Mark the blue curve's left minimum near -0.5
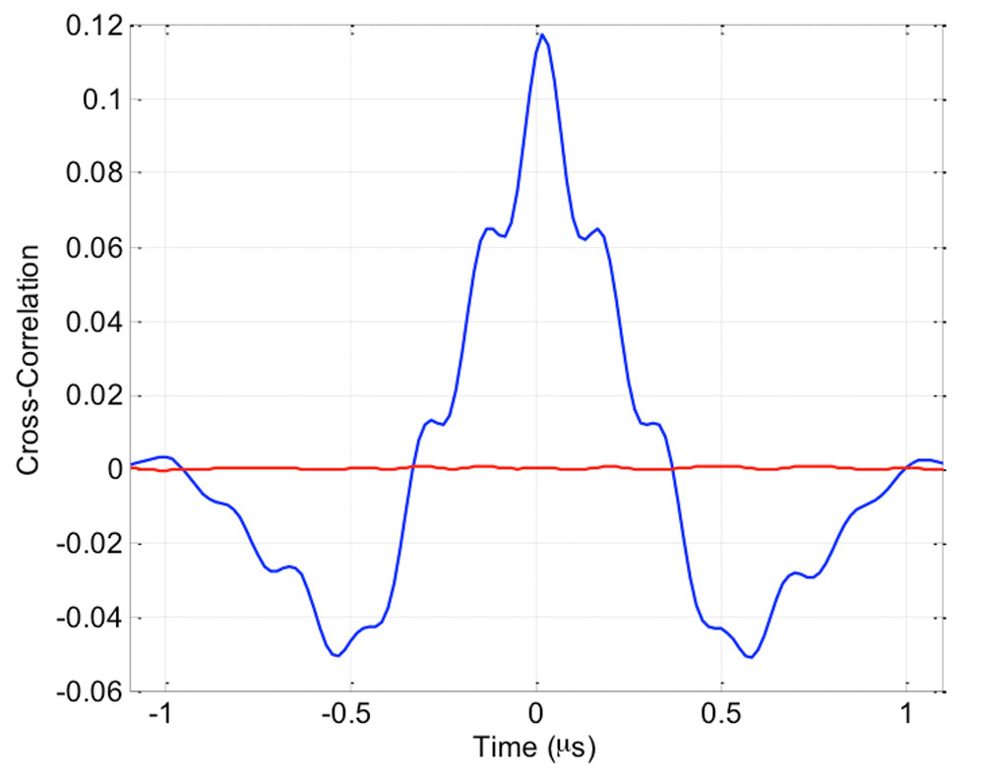[337, 655]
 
